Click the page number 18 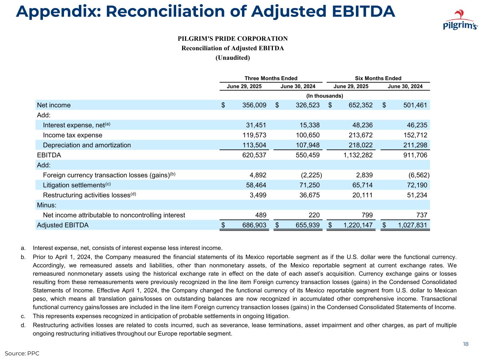[466, 344]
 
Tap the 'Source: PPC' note [22, 353]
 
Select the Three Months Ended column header [271, 78]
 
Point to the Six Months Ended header [378, 78]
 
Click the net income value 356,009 [254, 105]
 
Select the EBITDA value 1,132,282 [358, 155]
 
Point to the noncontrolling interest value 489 [260, 215]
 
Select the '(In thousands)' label [325, 96]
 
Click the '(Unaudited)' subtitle [232, 58]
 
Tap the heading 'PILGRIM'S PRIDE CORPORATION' [232, 39]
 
